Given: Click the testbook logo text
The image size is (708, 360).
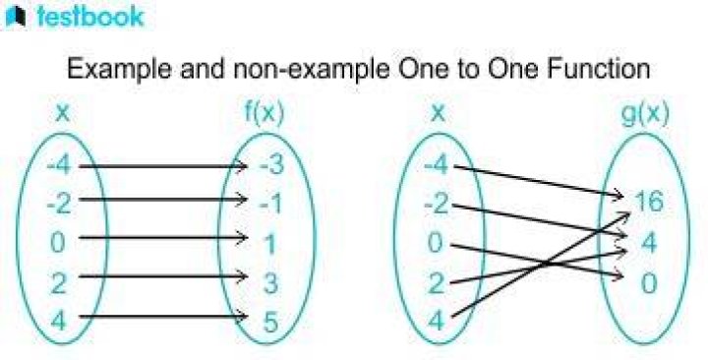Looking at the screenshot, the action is click(90, 17).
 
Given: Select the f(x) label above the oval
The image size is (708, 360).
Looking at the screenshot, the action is click(265, 114).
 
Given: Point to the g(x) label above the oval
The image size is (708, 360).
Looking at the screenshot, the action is click(645, 114).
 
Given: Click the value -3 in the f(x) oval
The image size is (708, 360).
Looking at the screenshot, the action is click(271, 165).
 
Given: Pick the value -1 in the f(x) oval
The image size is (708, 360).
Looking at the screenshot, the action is click(270, 204).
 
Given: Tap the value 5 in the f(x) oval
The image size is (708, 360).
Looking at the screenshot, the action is click(270, 322).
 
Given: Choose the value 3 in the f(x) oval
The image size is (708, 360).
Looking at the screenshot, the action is click(270, 282).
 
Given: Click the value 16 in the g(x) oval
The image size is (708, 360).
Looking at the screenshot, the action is click(648, 201).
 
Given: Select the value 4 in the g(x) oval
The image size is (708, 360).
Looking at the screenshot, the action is click(649, 242).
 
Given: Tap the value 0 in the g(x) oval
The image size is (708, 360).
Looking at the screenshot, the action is click(649, 283).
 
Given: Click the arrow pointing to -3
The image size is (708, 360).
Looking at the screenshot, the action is click(163, 166).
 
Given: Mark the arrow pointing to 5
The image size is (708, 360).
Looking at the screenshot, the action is click(163, 316).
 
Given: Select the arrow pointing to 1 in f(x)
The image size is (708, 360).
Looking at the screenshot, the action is click(163, 237).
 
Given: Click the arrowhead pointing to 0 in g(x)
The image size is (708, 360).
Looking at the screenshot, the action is click(619, 273).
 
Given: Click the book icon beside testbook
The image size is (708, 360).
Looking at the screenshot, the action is click(16, 18).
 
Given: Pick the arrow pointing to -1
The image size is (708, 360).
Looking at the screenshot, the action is click(163, 199).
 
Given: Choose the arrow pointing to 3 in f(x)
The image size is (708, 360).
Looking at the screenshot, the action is click(163, 275).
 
